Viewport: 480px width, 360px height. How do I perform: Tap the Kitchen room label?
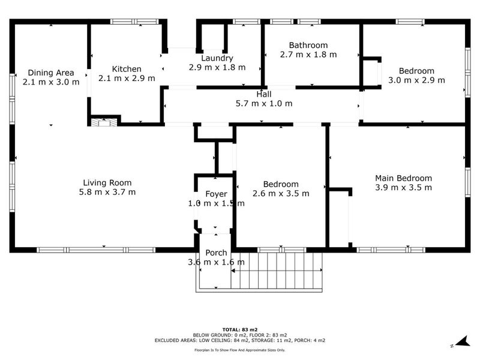pyautogui.click(x=126, y=69)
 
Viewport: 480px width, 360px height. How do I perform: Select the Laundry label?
pyautogui.click(x=217, y=58)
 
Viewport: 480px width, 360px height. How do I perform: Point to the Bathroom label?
pyautogui.click(x=308, y=45)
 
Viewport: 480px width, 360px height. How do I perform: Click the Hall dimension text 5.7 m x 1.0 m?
pyautogui.click(x=264, y=103)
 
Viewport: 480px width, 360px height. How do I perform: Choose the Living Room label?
pyautogui.click(x=107, y=183)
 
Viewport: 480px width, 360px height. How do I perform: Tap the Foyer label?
pyautogui.click(x=216, y=194)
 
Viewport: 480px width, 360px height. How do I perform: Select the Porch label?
pyautogui.click(x=216, y=253)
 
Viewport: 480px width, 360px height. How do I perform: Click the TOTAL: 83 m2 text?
pyautogui.click(x=240, y=329)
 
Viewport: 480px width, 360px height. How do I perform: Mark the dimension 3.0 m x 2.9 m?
pyautogui.click(x=416, y=80)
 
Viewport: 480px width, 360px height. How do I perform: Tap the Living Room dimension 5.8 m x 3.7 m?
pyautogui.click(x=107, y=192)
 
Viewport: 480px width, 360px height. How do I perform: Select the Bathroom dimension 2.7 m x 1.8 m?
pyautogui.click(x=308, y=54)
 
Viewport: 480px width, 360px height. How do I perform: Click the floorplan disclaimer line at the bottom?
pyautogui.click(x=240, y=349)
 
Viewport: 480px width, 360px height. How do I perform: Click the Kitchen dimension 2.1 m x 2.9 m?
pyautogui.click(x=126, y=78)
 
